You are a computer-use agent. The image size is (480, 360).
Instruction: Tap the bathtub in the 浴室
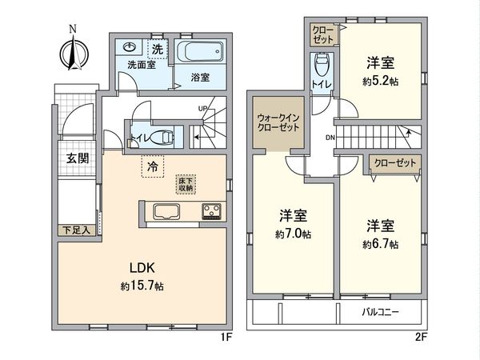(x=201, y=55)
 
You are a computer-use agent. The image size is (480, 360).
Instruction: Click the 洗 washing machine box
(x=158, y=50)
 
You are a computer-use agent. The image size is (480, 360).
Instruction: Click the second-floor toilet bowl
(x=322, y=65)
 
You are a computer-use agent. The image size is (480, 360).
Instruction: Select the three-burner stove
(x=213, y=212)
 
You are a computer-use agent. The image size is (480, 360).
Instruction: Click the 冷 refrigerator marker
(x=151, y=167)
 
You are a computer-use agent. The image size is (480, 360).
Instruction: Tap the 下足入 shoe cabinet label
(x=77, y=230)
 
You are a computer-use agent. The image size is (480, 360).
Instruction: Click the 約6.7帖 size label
(x=382, y=243)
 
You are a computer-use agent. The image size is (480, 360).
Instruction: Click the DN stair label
(x=330, y=138)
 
